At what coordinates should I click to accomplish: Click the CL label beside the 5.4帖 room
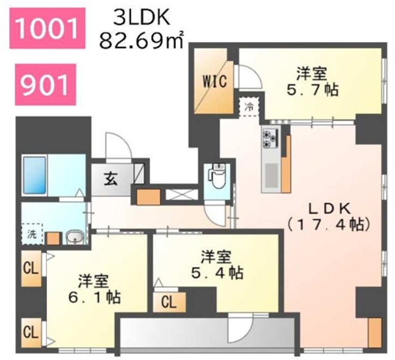pyautogui.click(x=169, y=302)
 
